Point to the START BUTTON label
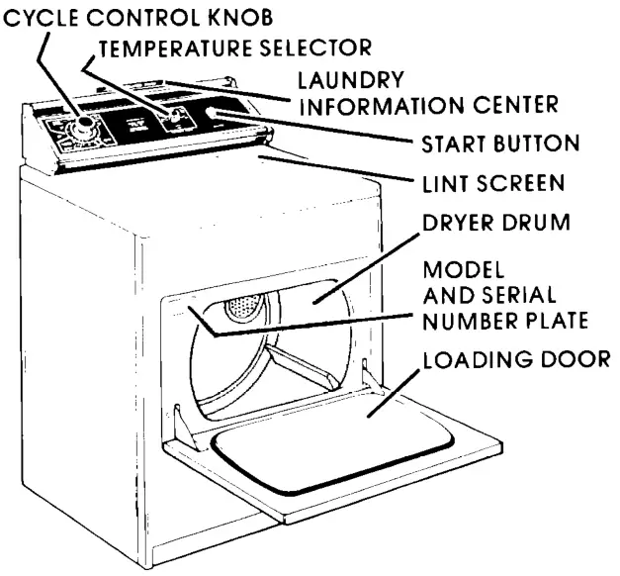499,144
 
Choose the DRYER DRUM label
496,224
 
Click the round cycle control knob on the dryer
83,127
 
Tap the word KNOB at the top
237,17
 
